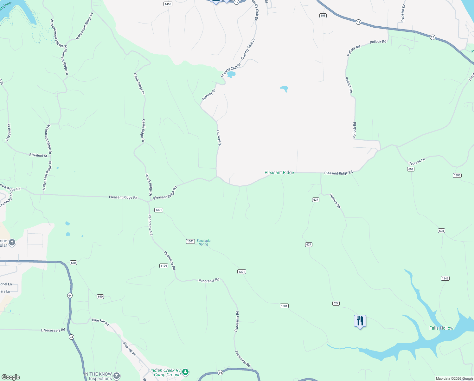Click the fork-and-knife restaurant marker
(360, 321)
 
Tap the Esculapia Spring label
(203, 243)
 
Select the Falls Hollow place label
(441, 328)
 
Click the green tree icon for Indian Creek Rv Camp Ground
(185, 372)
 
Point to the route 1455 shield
(168, 4)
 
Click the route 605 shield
(323, 16)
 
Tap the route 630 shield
(73, 263)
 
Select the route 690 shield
(100, 297)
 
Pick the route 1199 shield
(163, 266)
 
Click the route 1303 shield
(457, 175)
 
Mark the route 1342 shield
(445, 278)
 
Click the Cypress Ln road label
(417, 162)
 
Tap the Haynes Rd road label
(335, 201)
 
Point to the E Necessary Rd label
(53, 330)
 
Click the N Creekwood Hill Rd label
(57, 33)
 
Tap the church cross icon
(12, 243)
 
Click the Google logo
(10, 377)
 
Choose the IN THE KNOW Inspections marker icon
(117, 376)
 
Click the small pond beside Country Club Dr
(231, 74)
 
